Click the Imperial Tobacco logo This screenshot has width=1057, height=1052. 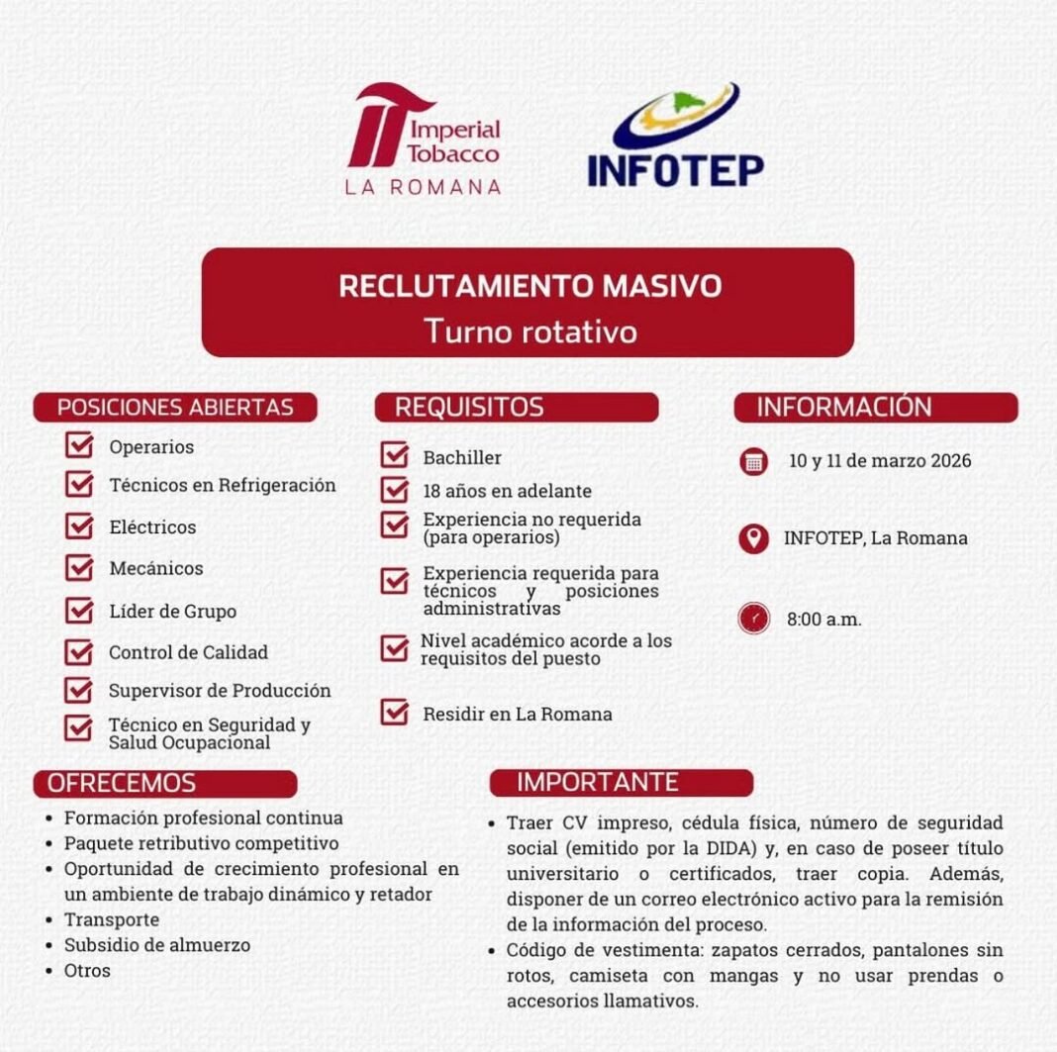pos(424,139)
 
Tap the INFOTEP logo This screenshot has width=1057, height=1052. pos(675,136)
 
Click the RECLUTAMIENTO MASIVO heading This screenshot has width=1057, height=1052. pos(529,286)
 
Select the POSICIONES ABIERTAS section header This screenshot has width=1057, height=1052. pos(175,407)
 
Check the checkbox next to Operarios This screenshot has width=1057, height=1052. pos(79,445)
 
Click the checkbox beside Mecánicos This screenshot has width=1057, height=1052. pos(79,568)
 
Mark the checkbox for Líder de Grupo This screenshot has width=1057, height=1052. pos(79,611)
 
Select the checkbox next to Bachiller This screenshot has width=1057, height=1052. pos(395,456)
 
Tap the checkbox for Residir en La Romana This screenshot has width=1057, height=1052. pos(395,713)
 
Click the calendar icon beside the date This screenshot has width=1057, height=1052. pos(754,461)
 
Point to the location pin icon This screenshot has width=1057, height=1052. pos(754,538)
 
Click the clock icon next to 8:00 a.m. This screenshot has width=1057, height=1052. pos(754,620)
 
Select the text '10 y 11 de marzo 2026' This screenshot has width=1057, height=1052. pos(880,461)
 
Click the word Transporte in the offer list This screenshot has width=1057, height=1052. pos(112,919)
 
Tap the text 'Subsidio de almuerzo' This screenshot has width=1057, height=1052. pos(157,945)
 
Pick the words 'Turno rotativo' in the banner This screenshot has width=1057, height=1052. pos(529,331)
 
